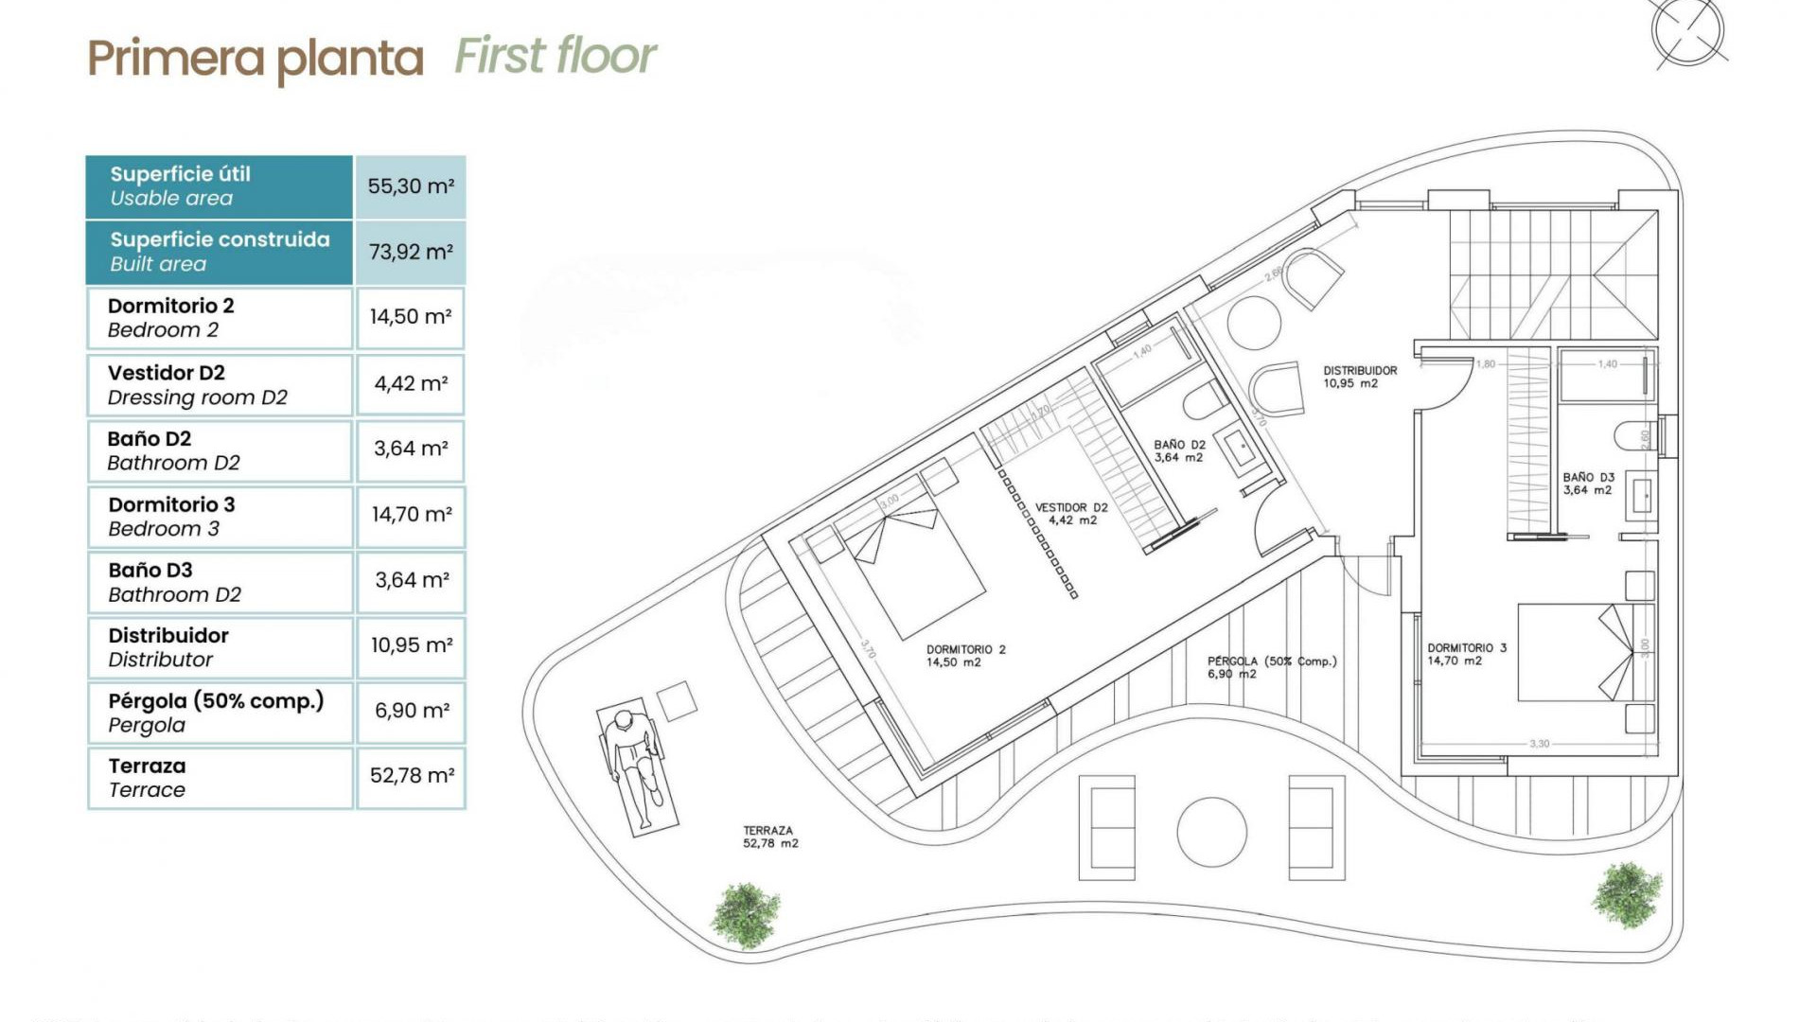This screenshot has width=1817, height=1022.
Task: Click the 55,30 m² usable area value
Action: click(x=410, y=186)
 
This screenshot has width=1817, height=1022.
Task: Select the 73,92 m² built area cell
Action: click(x=410, y=252)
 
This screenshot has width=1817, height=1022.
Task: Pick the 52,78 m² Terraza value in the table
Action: click(x=411, y=776)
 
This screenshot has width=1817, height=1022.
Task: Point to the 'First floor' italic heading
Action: click(x=555, y=55)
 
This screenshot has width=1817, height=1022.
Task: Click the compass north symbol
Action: click(x=1687, y=31)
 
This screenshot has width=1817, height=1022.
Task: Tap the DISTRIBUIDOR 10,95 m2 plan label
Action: click(x=1359, y=377)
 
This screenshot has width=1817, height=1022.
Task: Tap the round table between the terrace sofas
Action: click(x=1211, y=832)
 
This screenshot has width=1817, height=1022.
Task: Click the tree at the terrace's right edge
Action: click(x=1626, y=894)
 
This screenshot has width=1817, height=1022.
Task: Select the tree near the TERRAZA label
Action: click(x=747, y=914)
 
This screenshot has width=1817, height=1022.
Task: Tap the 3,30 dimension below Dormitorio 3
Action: click(x=1540, y=744)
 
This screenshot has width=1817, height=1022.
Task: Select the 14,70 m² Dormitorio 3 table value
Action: click(x=411, y=515)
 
